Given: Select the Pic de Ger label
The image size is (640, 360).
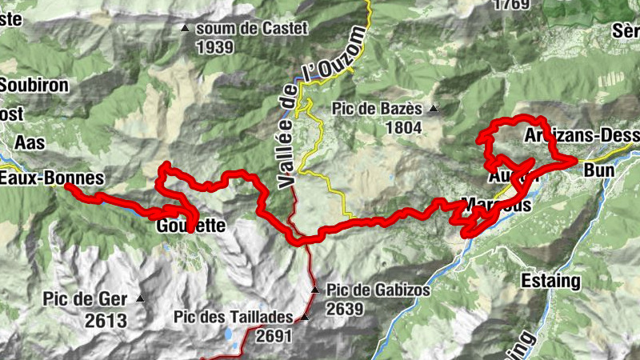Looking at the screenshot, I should [86, 299].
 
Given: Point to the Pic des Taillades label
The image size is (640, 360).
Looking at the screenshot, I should [233, 316].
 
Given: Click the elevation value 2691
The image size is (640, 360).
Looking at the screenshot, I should [274, 337].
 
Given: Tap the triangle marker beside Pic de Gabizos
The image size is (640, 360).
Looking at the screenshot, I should [315, 290].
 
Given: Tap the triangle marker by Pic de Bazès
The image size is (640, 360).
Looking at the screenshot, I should [434, 108].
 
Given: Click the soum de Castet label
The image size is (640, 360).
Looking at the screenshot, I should [251, 28].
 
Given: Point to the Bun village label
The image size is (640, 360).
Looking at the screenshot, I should [600, 170].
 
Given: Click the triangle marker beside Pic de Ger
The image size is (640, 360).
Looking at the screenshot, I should [141, 299].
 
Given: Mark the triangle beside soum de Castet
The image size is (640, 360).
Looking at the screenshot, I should [186, 29].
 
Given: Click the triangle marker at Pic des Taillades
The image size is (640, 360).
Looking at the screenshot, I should [304, 317].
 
